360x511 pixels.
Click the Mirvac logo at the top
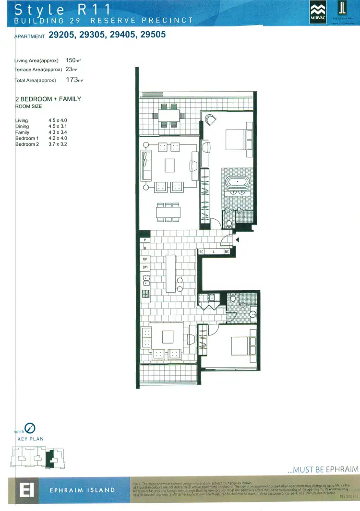317,12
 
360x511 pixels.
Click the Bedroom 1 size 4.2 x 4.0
58,138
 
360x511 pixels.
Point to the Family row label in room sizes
22,132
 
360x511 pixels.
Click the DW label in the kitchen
144,267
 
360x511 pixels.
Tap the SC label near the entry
202,251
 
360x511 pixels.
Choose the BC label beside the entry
227,251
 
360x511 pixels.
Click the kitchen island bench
171,273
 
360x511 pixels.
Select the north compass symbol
30,427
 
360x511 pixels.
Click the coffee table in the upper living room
170,166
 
